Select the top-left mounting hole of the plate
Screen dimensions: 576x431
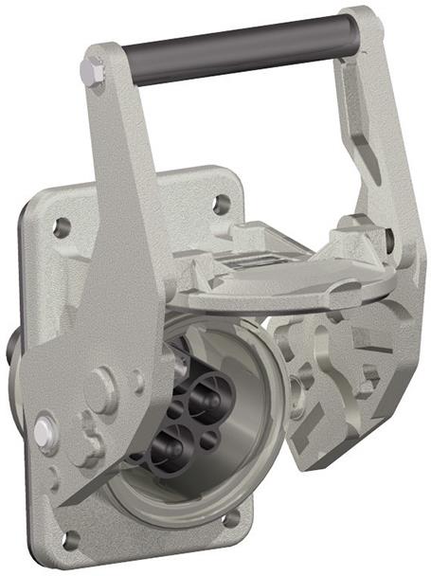click(x=62, y=227)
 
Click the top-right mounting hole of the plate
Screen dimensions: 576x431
click(x=222, y=203)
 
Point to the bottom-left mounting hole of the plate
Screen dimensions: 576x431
click(x=68, y=539)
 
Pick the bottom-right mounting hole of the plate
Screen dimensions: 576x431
click(x=231, y=518)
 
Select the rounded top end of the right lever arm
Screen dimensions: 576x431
click(x=362, y=24)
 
